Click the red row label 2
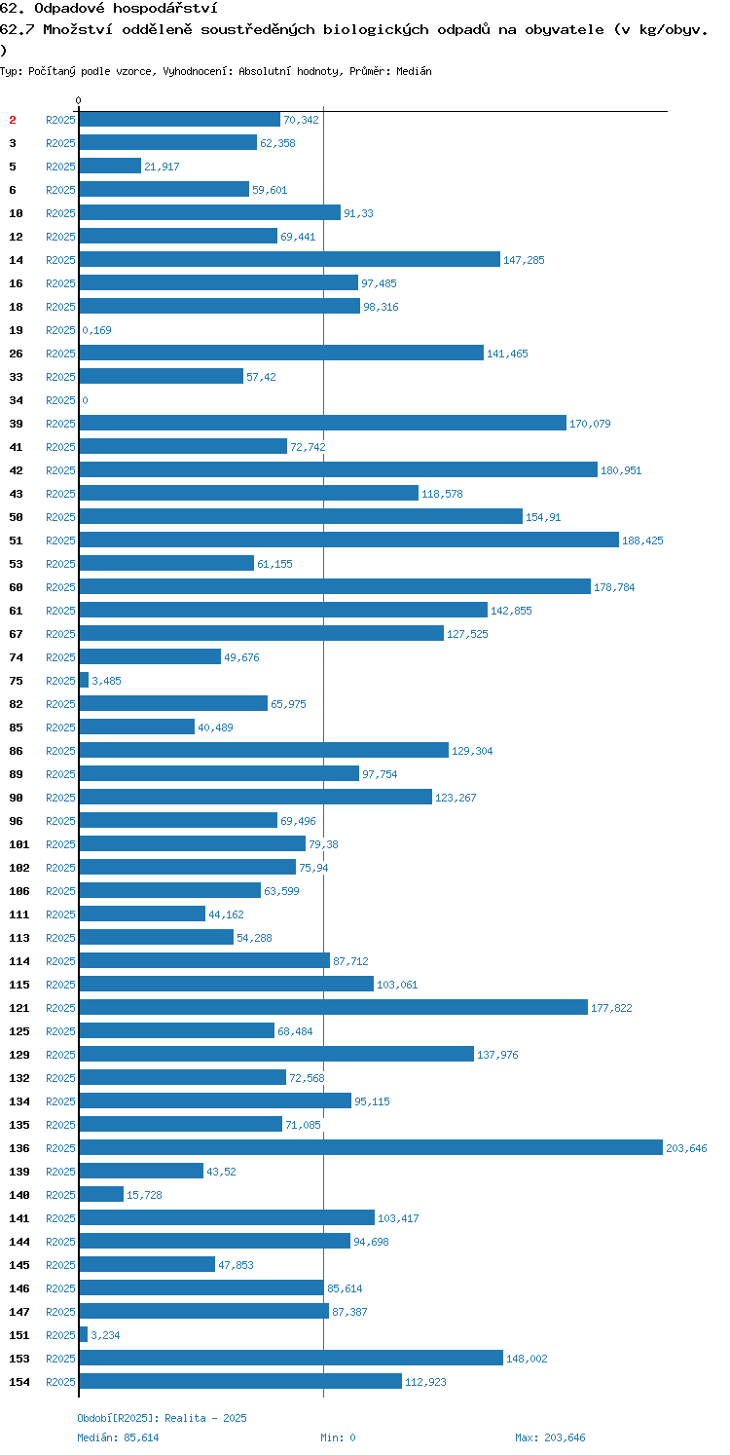pyautogui.click(x=13, y=120)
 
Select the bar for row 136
pyautogui.click(x=371, y=1148)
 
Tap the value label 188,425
pyautogui.click(x=642, y=541)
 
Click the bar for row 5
pyautogui.click(x=110, y=166)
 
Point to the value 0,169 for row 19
pyautogui.click(x=96, y=330)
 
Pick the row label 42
pyautogui.click(x=17, y=471)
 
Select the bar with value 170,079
pyautogui.click(x=323, y=423)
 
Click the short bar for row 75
pyautogui.click(x=84, y=680)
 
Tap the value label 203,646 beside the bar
pyautogui.click(x=686, y=1149)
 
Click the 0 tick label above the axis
pyautogui.click(x=79, y=100)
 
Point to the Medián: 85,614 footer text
pyautogui.click(x=118, y=1438)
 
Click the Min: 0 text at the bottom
pyautogui.click(x=338, y=1438)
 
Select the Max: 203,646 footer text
pyautogui.click(x=550, y=1438)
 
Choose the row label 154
pyautogui.click(x=19, y=1382)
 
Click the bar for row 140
pyautogui.click(x=101, y=1195)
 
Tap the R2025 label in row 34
pyautogui.click(x=60, y=401)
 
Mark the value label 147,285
pyautogui.click(x=524, y=260)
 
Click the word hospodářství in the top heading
pyautogui.click(x=164, y=9)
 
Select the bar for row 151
pyautogui.click(x=83, y=1335)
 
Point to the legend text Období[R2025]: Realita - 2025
pyautogui.click(x=162, y=1419)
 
